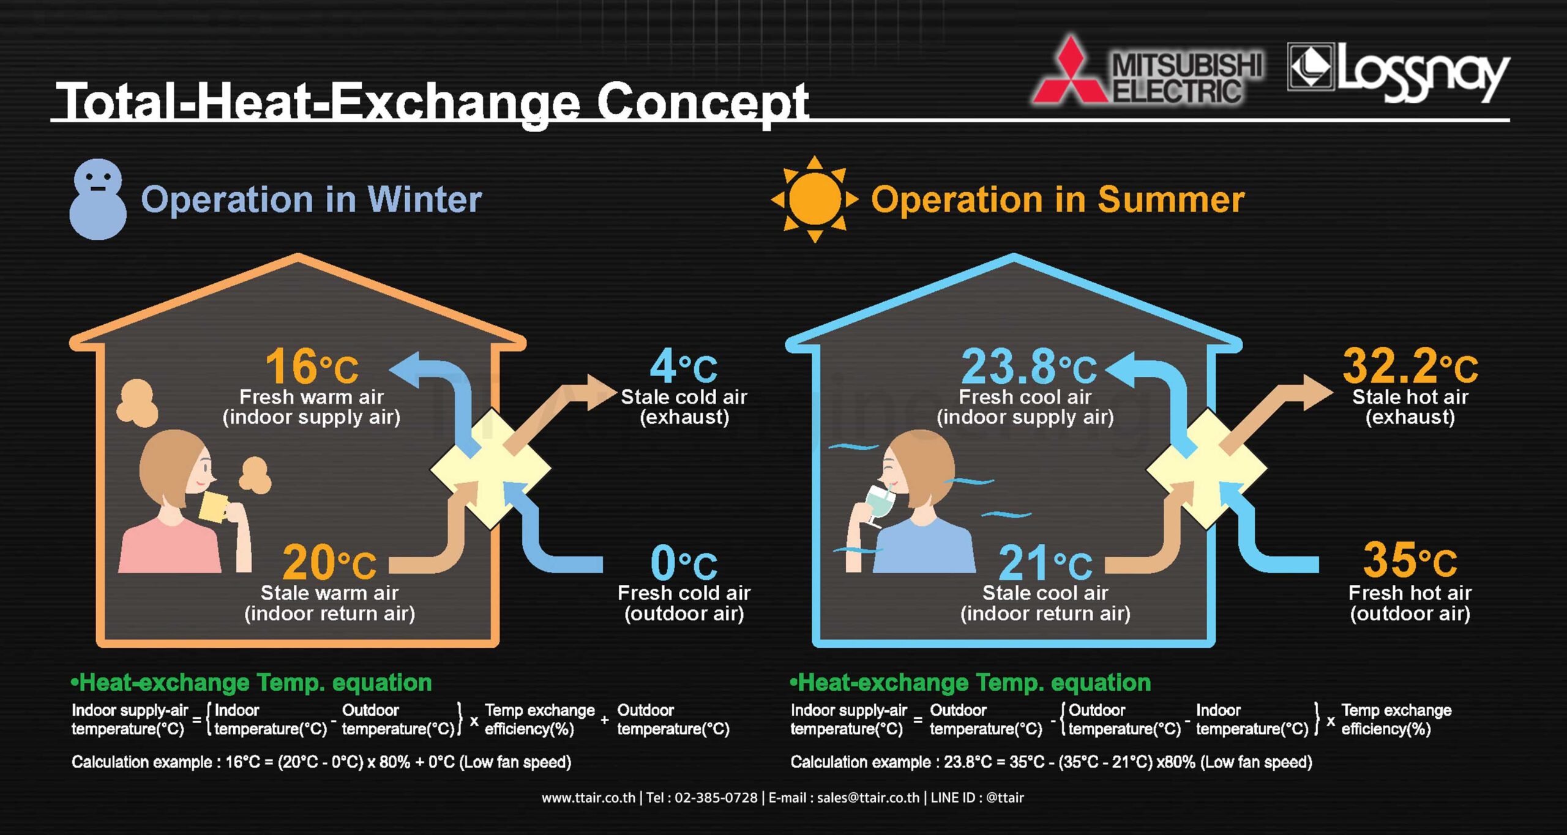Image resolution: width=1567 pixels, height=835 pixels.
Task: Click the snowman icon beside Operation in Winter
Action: tap(98, 199)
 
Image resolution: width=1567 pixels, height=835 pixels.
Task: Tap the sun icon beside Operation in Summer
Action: tap(815, 199)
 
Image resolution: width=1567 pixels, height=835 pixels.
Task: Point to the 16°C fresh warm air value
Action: tap(312, 366)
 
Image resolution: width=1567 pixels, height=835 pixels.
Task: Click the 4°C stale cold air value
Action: tap(684, 366)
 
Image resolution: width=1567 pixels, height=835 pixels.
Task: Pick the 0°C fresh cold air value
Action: tap(684, 563)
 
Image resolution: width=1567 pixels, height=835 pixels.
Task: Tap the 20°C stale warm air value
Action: tap(329, 563)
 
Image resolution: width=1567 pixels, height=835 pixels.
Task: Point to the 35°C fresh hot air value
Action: tap(1410, 560)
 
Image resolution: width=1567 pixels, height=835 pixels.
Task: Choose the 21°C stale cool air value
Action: tap(1045, 563)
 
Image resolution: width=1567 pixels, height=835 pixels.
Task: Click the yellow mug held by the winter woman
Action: tap(214, 507)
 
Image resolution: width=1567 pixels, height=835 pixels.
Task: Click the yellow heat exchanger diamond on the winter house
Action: tap(490, 468)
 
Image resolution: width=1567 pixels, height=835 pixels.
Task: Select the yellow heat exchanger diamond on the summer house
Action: tap(1206, 468)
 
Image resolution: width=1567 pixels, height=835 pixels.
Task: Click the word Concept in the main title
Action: tap(702, 103)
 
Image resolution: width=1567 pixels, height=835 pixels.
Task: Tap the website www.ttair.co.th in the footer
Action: tap(588, 798)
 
